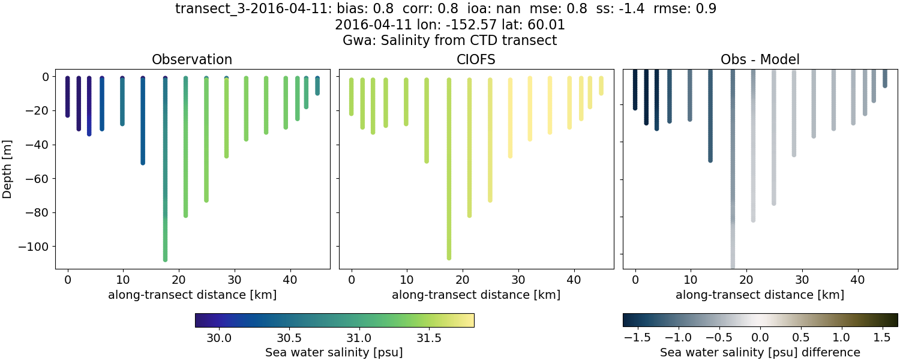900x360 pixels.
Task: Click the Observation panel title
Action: (192, 59)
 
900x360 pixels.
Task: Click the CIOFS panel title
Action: (476, 59)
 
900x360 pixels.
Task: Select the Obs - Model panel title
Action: (760, 59)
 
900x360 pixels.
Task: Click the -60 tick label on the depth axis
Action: (41, 179)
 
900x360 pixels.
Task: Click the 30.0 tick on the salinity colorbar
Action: (220, 337)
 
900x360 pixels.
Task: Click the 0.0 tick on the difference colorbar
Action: (760, 337)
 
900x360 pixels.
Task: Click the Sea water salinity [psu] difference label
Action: (760, 352)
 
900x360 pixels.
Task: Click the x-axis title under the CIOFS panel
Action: (476, 295)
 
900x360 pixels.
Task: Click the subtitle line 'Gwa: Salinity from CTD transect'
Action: (450, 41)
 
